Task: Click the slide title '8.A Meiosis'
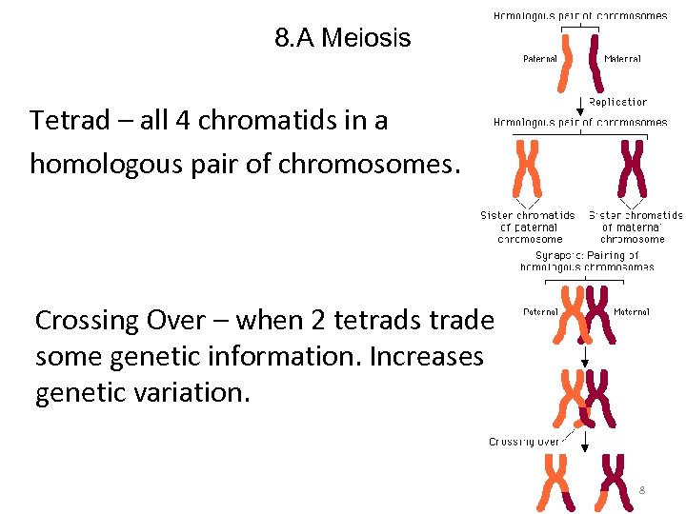click(x=342, y=38)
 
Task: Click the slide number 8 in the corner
click(x=641, y=489)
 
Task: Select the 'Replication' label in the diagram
click(x=617, y=102)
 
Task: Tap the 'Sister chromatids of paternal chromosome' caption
click(x=528, y=227)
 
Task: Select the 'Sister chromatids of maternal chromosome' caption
click(x=635, y=227)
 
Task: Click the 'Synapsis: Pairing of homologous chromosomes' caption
click(x=587, y=261)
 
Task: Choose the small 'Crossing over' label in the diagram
click(x=524, y=441)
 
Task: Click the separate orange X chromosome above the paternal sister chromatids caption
click(x=528, y=168)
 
